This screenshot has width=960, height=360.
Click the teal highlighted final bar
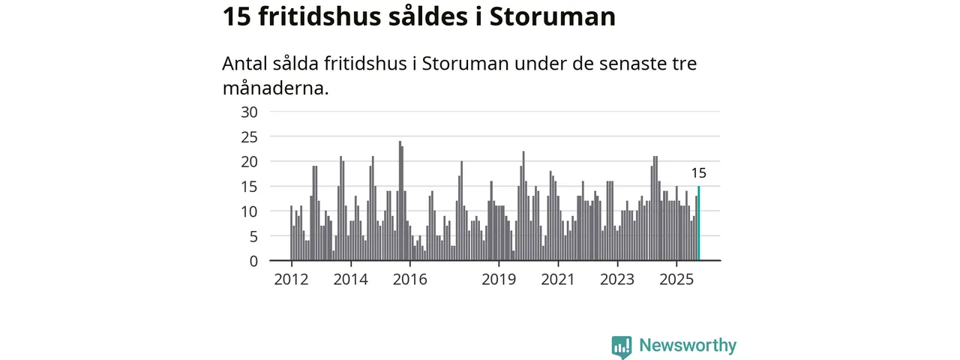coord(699,223)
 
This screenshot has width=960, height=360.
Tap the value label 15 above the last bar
coord(698,174)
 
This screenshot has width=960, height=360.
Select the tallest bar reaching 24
coord(400,201)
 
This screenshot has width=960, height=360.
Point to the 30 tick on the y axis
coord(249,112)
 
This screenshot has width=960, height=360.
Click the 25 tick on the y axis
coord(249,136)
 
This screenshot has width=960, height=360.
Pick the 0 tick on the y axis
coord(253,261)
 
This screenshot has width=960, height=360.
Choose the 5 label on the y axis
coord(253,236)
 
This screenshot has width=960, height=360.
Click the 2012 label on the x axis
coord(291,280)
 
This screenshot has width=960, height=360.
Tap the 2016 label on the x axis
coord(409,280)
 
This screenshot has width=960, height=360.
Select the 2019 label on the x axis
coord(499,280)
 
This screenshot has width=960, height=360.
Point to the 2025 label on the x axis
coord(676,280)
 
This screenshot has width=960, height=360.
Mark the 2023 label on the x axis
coord(617,280)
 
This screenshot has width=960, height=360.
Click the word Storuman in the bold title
coord(552,16)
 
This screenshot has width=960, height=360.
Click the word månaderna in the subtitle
coord(275,88)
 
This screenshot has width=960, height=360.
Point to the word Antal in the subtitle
coord(244,64)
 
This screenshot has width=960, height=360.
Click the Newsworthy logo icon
coord(621,346)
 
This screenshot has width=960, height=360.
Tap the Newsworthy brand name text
coord(688,346)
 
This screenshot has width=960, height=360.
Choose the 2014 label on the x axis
coord(350,280)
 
